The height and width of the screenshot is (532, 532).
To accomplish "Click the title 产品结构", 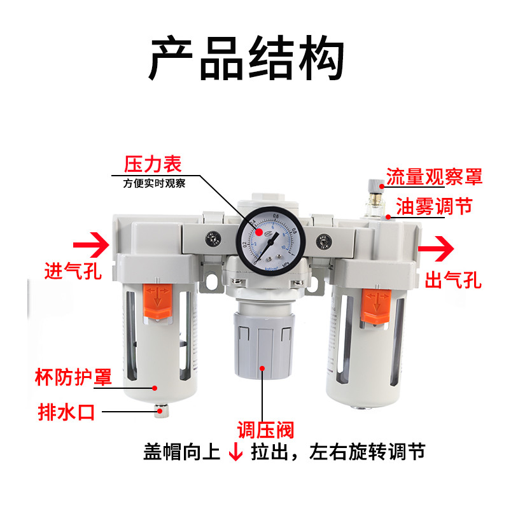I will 246,59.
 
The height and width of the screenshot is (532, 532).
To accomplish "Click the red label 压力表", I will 153,164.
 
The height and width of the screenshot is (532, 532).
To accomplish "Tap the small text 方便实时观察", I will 155,185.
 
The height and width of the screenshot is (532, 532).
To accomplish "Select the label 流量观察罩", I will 435,177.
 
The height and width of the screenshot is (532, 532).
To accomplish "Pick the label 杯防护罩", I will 73,377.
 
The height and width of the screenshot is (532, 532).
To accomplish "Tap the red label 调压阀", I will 266,430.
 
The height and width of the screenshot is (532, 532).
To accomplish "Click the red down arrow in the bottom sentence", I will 235,452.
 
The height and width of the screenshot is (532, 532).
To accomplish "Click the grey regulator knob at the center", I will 263,335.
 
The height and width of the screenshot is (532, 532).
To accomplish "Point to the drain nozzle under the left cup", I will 160,412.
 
